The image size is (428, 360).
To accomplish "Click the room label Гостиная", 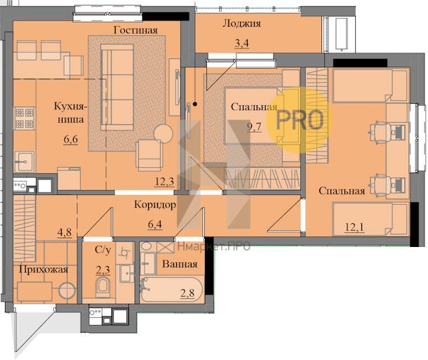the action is click(135, 29).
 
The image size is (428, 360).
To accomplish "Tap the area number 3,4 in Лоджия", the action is click(242, 44).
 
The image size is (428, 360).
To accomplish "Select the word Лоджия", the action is click(241, 23).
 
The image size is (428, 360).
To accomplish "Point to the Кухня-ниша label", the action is click(70, 113).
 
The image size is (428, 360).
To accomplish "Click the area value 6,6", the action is click(71, 140).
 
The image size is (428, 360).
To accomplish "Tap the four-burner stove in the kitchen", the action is click(25, 118).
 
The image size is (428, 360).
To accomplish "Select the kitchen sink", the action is click(25, 161).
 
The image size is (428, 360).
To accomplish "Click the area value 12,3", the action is click(164, 181).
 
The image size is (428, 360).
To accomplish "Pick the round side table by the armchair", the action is click(163, 133).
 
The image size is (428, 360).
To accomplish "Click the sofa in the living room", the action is click(117, 87).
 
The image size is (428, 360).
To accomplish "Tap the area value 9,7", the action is click(254, 127).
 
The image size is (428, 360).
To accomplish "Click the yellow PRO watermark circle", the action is click(300, 120).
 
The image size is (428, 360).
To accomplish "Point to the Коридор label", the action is click(155, 205).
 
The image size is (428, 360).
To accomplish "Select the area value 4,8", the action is click(65, 232).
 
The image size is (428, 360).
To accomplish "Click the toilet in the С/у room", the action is click(103, 287).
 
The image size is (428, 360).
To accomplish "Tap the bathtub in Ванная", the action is click(171, 290).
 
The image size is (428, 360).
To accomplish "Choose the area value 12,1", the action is click(354, 227).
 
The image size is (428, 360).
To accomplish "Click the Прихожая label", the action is click(43, 270).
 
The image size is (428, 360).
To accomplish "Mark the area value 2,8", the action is click(187, 293).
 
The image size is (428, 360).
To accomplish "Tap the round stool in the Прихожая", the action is click(67, 291).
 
